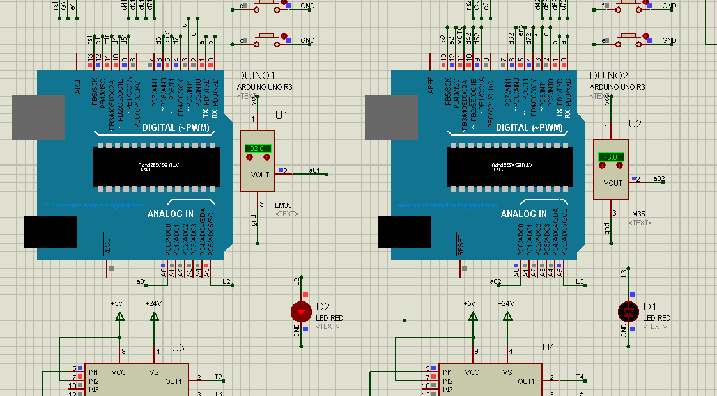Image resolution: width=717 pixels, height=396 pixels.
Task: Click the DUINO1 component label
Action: pos(256,75)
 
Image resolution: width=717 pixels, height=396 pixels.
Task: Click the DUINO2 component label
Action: pos(608,75)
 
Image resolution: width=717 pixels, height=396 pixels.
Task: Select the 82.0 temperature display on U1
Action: pos(257,148)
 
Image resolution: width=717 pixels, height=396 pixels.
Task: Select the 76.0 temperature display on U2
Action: pos(610,157)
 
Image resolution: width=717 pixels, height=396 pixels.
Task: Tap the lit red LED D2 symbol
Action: pos(301,312)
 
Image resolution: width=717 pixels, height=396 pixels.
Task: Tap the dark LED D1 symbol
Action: pos(628,312)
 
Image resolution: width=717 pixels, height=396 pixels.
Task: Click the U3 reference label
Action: pos(178,347)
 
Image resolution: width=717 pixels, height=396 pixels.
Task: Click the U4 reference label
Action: pos(548,347)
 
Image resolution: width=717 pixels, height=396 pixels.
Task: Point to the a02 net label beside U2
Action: pos(659,178)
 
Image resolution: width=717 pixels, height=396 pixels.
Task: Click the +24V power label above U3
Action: pos(153,303)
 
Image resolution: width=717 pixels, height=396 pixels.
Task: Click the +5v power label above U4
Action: pos(469,303)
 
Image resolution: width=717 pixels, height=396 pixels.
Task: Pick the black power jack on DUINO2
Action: pos(403,232)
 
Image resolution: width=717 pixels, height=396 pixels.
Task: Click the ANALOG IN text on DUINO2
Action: pos(523,214)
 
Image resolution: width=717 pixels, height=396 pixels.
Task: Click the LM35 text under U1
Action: pos(283,205)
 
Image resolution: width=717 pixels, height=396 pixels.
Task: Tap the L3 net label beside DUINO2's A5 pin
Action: pos(580,281)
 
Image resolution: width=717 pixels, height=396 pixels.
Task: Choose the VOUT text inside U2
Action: pos(612,183)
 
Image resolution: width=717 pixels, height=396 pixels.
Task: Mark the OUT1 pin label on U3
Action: pos(173,381)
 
